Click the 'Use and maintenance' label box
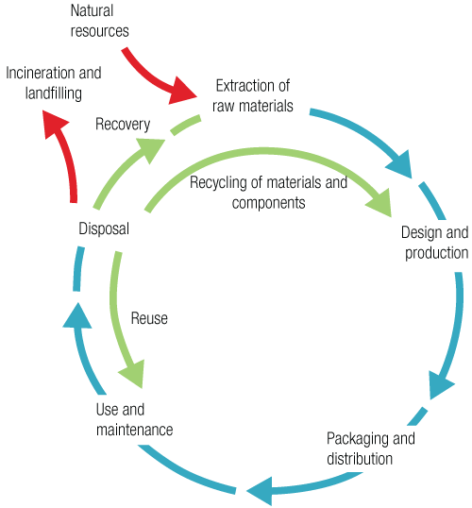pyautogui.click(x=134, y=420)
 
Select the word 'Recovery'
pyautogui.click(x=123, y=124)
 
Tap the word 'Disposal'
pyautogui.click(x=104, y=229)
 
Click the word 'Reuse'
pyautogui.click(x=149, y=319)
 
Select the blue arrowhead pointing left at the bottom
pyautogui.click(x=258, y=489)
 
